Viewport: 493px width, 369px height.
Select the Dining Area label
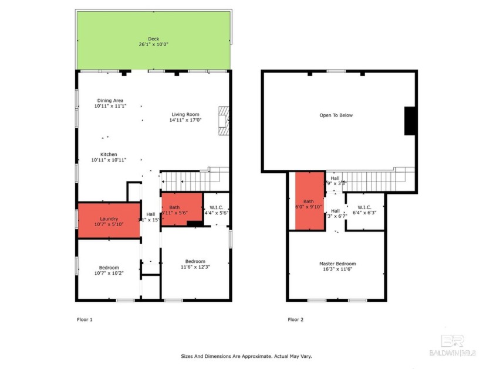pos(110,101)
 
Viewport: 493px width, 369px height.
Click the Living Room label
pos(185,115)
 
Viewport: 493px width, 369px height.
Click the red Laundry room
pos(109,220)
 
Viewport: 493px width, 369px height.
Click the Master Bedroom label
pos(337,264)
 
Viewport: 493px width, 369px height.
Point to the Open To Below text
pos(336,115)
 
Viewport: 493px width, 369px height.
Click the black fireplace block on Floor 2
pos(410,121)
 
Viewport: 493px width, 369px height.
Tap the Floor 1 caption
pos(85,320)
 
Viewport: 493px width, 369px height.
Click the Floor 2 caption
pos(295,320)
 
